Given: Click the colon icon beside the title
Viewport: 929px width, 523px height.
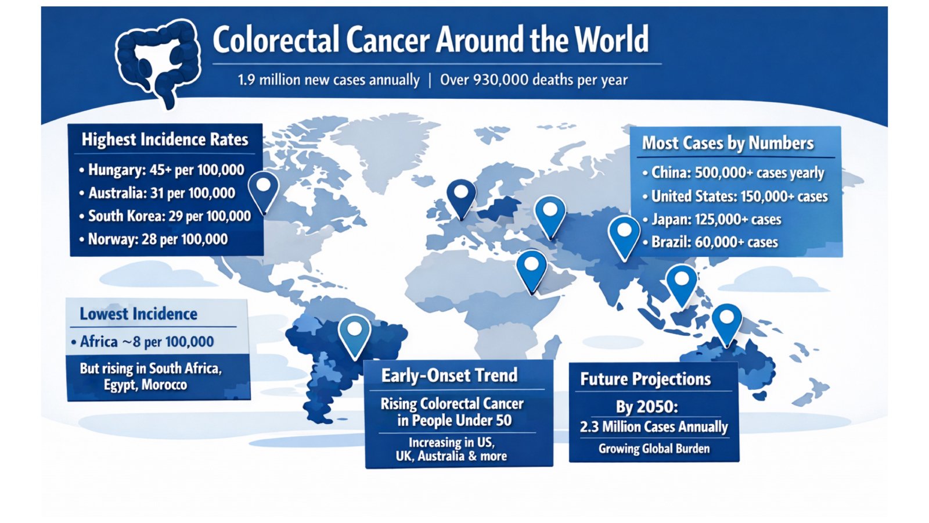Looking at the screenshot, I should [158, 61].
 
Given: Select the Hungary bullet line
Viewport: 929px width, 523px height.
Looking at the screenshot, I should [165, 170].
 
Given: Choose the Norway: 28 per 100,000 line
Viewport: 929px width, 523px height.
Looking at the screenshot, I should [157, 239].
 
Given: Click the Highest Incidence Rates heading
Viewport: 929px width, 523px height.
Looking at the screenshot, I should [165, 139].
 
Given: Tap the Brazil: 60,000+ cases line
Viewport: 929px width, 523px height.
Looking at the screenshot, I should [714, 242].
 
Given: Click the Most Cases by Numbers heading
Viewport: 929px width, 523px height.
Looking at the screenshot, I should [728, 143].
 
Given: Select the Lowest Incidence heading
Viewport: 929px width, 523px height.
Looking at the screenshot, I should [138, 314].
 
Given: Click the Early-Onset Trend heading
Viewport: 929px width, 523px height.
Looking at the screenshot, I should [449, 375].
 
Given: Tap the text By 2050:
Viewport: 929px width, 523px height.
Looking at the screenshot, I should [647, 407].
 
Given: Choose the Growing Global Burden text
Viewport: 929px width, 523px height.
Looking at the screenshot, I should [654, 449].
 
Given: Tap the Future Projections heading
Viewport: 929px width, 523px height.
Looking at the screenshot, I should [645, 379].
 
